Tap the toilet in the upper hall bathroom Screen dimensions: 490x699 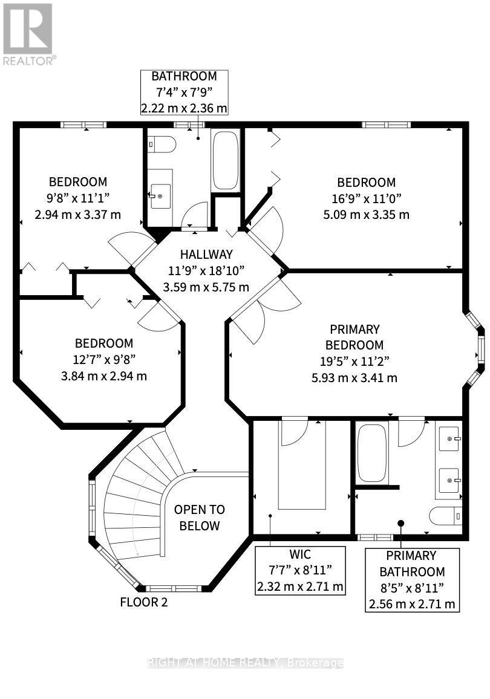pyautogui.click(x=162, y=145)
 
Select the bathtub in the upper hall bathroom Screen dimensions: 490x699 pyautogui.click(x=226, y=160)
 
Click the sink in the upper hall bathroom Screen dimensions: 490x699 pyautogui.click(x=160, y=196)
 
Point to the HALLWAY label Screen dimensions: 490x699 pyautogui.click(x=206, y=254)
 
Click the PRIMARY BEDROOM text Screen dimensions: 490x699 pyautogui.click(x=354, y=337)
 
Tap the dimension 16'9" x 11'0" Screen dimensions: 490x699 pyautogui.click(x=366, y=198)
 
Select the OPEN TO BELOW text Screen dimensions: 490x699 pyautogui.click(x=199, y=518)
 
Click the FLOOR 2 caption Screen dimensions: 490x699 pyautogui.click(x=144, y=602)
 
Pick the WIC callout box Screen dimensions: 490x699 pyautogui.click(x=300, y=571)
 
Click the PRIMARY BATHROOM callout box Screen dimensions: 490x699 pyautogui.click(x=412, y=580)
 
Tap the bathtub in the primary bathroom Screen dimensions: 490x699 pyautogui.click(x=372, y=453)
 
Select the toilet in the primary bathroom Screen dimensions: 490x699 pyautogui.click(x=446, y=516)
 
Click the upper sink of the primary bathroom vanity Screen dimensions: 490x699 pyautogui.click(x=449, y=438)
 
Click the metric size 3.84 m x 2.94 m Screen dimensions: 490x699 pyautogui.click(x=104, y=376)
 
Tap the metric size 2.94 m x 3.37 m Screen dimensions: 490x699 pyautogui.click(x=78, y=215)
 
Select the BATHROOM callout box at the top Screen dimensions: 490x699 pyautogui.click(x=184, y=93)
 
